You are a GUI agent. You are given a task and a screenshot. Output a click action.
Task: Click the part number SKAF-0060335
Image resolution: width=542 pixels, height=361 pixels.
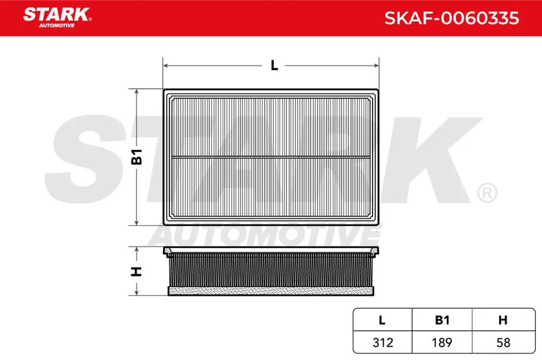click(451, 19)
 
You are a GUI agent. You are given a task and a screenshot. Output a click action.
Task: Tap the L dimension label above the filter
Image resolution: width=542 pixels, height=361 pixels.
click(274, 66)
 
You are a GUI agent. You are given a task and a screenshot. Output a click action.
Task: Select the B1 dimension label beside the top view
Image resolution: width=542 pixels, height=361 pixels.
click(137, 157)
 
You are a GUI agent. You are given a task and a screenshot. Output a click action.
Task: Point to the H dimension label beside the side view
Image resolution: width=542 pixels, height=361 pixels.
click(137, 271)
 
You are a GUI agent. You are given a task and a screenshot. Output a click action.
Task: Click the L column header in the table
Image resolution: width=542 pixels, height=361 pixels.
click(382, 320)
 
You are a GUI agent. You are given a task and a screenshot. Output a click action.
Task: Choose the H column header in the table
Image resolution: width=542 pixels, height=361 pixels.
click(503, 320)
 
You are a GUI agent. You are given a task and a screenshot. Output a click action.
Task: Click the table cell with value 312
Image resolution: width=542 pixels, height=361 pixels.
click(382, 342)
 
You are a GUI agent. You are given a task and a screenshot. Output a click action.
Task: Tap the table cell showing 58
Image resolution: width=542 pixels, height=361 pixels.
click(503, 342)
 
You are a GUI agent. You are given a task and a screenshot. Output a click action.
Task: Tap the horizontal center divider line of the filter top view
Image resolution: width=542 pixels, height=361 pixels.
click(270, 157)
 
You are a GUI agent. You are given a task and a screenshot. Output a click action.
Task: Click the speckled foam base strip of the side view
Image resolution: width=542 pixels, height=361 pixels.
click(270, 291)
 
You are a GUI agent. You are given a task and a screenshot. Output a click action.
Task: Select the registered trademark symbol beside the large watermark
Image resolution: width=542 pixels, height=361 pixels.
click(486, 193)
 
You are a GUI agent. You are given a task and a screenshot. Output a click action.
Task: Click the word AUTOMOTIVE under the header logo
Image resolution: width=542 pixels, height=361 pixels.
click(57, 25)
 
